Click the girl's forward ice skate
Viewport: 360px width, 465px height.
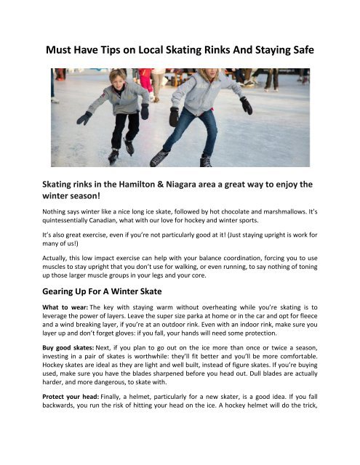pos(159,158)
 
